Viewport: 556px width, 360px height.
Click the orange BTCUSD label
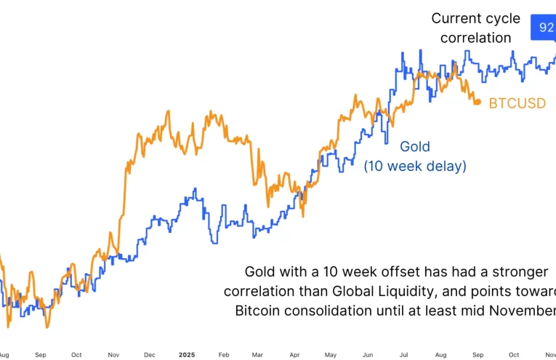[x=517, y=103]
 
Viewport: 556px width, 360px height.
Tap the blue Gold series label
[x=415, y=146]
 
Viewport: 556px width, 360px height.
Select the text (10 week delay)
[x=415, y=166]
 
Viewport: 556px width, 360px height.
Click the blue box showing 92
[x=544, y=28]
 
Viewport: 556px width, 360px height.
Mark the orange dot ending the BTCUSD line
[x=477, y=103]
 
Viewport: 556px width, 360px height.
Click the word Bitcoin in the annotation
[x=258, y=311]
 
